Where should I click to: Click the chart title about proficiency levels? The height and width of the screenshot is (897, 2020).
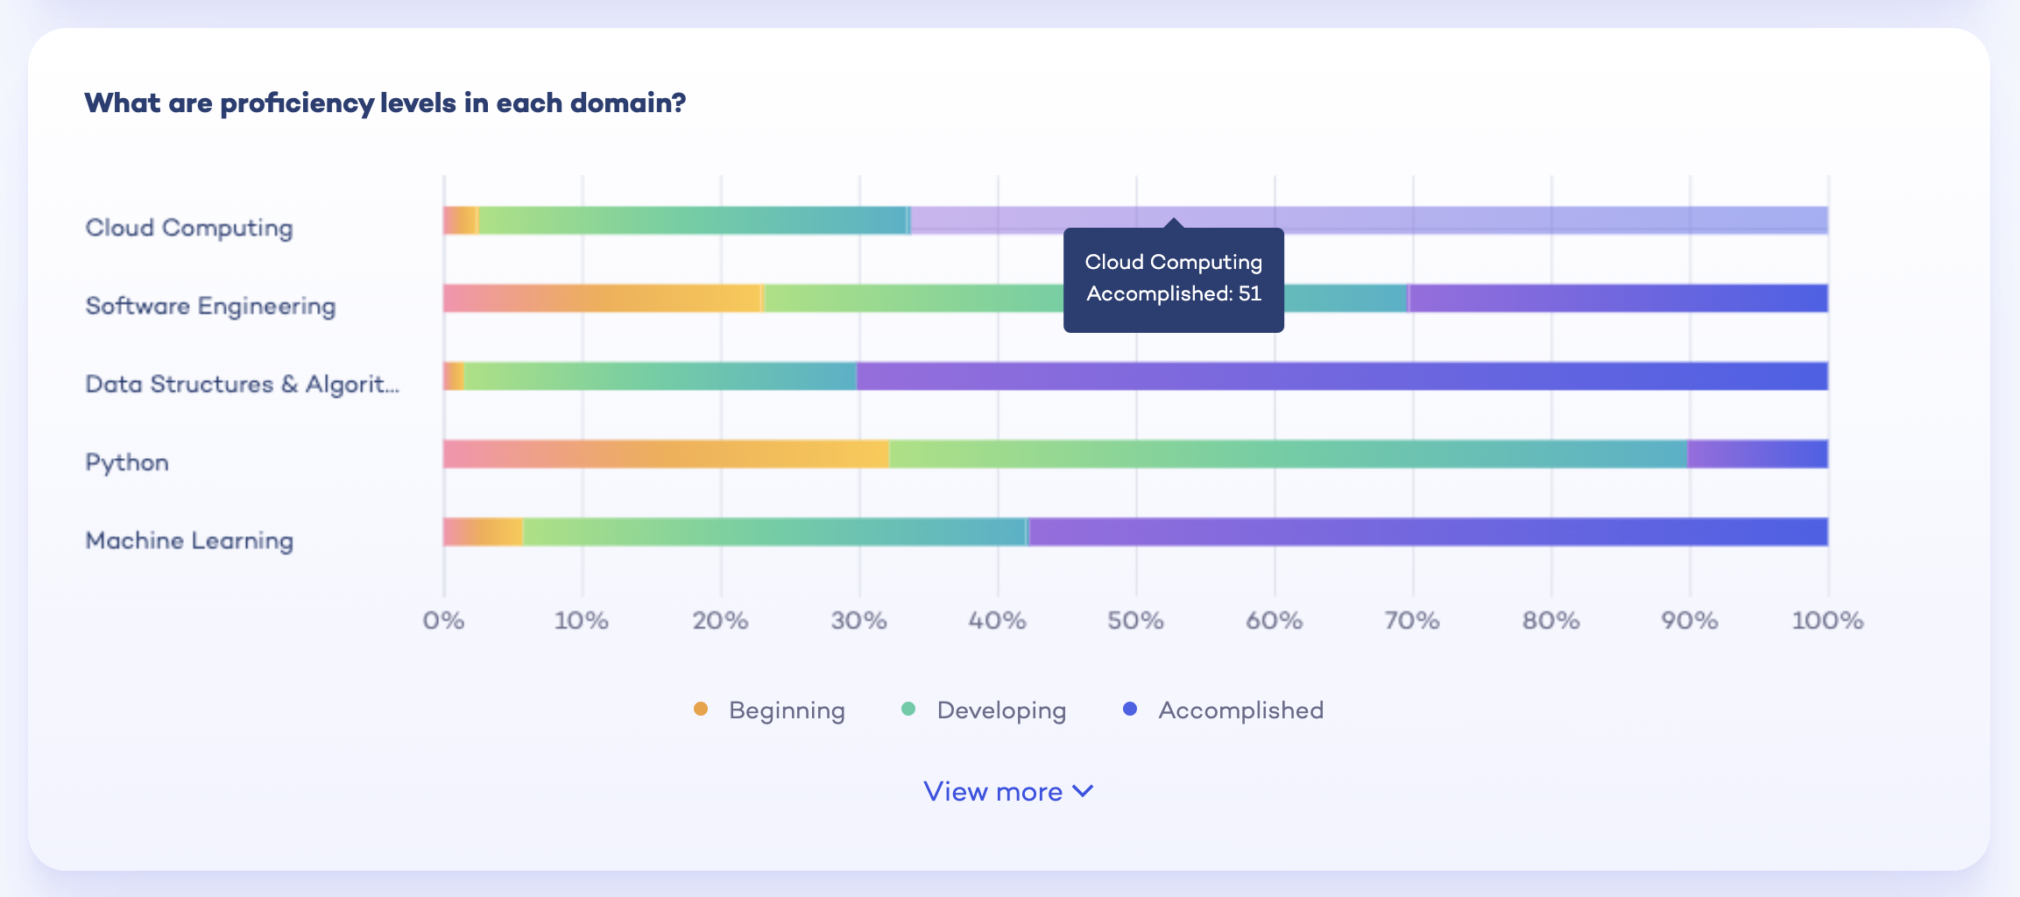click(385, 103)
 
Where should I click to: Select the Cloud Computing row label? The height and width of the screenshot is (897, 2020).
click(189, 228)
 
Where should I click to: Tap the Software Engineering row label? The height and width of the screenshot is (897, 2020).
click(210, 306)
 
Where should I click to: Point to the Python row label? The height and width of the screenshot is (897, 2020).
click(127, 463)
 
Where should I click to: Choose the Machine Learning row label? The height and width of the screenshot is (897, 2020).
click(189, 540)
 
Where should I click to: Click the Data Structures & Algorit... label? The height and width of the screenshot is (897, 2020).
click(242, 384)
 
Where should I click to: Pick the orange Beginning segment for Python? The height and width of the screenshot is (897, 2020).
click(666, 454)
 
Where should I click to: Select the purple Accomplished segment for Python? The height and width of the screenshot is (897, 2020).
click(1757, 454)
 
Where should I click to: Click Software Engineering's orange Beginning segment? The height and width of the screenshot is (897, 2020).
click(603, 299)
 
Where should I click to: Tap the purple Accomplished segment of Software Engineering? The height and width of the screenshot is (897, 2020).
click(1618, 299)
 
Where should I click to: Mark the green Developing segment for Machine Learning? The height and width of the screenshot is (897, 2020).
click(774, 532)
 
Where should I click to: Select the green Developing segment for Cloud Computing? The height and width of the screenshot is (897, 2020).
click(692, 220)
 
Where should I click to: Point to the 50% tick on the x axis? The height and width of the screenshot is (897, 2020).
click(1135, 621)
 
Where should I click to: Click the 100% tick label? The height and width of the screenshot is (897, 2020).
click(1827, 621)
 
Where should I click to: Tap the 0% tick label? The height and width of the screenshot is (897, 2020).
click(443, 621)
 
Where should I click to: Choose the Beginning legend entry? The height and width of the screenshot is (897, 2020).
click(770, 710)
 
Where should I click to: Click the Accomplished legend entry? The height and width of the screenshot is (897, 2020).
click(1224, 710)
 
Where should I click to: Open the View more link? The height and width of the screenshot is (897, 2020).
click(1008, 792)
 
